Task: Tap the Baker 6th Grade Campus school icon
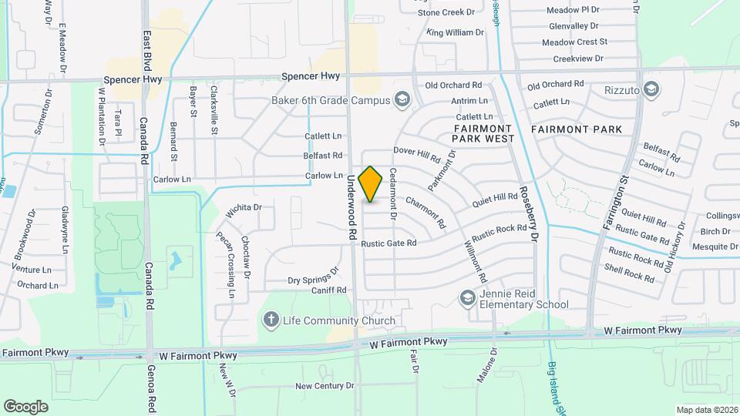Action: click(401, 99)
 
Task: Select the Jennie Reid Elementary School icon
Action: click(467, 297)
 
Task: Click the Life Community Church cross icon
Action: click(271, 320)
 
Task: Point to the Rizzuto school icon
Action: click(652, 90)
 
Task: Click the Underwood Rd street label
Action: click(351, 205)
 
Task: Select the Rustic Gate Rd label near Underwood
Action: click(388, 243)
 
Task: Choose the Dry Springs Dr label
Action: click(313, 277)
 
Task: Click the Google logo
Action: click(26, 406)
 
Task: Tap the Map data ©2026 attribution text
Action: click(706, 410)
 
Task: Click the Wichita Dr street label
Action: click(244, 209)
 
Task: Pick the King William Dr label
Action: click(455, 32)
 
